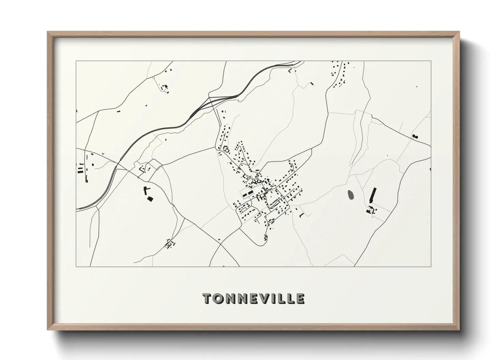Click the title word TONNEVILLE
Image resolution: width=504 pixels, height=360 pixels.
(x=254, y=299)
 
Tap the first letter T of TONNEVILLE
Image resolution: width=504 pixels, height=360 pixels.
(x=207, y=299)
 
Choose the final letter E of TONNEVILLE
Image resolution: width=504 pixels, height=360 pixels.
(x=300, y=299)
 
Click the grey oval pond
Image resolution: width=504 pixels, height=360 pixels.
(x=350, y=195)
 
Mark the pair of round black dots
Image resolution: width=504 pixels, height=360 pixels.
(x=415, y=137)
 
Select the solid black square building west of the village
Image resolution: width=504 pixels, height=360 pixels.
(x=149, y=199)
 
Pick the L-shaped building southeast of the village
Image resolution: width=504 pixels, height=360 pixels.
(x=301, y=215)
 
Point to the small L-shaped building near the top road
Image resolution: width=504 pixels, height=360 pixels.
(x=290, y=71)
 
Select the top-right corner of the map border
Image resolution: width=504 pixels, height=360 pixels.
(x=431, y=61)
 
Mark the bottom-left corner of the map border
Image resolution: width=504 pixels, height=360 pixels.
(x=76, y=266)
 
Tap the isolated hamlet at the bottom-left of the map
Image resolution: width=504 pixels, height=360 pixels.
(x=169, y=244)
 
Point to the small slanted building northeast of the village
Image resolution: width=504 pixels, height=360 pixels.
(x=311, y=83)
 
